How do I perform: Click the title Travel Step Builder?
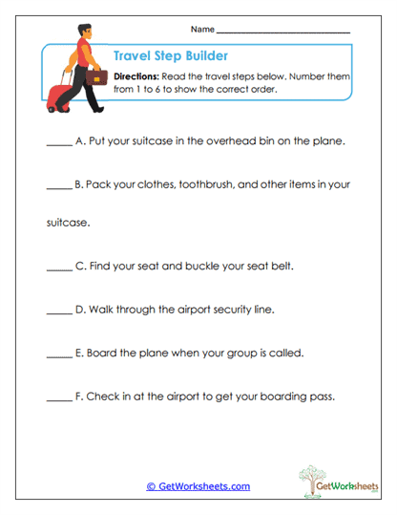tap(170, 55)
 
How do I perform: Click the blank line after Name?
tap(283, 32)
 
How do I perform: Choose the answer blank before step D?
tap(57, 311)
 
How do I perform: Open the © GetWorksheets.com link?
tap(198, 486)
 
